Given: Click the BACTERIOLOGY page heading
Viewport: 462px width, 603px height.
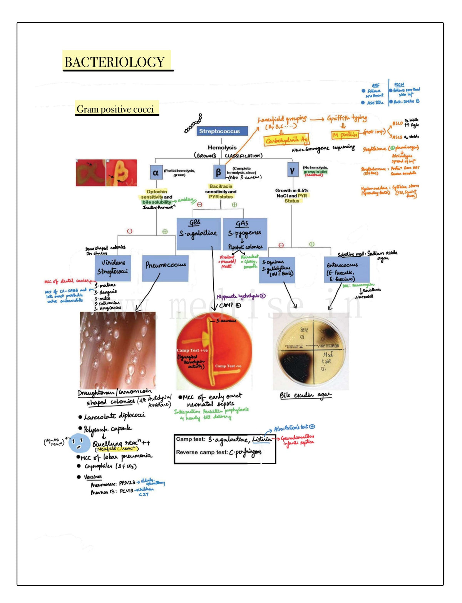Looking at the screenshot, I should pos(114,62).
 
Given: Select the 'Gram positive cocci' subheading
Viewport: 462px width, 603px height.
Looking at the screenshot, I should pos(115,109).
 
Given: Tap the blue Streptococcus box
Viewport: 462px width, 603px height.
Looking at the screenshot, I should pos(219,131).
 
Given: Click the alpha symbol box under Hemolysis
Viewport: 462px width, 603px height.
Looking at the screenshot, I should pos(155,173).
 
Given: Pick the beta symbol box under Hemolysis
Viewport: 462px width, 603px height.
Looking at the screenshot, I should pos(218,172).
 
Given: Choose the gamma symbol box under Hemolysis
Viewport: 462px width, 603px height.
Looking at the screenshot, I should pos(292,170).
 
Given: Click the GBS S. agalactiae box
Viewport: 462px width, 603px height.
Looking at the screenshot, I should pos(198,233).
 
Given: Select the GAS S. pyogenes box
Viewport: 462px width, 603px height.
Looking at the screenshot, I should pos(245,234).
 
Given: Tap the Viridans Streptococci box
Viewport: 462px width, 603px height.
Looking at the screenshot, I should pos(113,267).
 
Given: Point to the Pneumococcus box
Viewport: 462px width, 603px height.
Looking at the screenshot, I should pos(165,267).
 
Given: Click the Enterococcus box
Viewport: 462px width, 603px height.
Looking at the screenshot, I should pos(346,269).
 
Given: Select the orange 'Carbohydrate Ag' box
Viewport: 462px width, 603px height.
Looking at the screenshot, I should pos(286,140).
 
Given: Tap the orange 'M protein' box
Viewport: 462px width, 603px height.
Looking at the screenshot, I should pos(345,135).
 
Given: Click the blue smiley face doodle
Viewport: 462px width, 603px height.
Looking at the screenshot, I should pos(79,443).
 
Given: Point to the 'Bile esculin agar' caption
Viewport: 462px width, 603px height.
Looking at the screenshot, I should pos(305,395).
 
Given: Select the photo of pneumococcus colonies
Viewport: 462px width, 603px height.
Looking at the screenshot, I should pos(117,350).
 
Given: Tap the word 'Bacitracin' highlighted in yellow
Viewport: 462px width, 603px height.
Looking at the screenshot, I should pos(221,186).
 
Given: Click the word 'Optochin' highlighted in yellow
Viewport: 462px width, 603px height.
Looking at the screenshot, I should pos(157,192).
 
